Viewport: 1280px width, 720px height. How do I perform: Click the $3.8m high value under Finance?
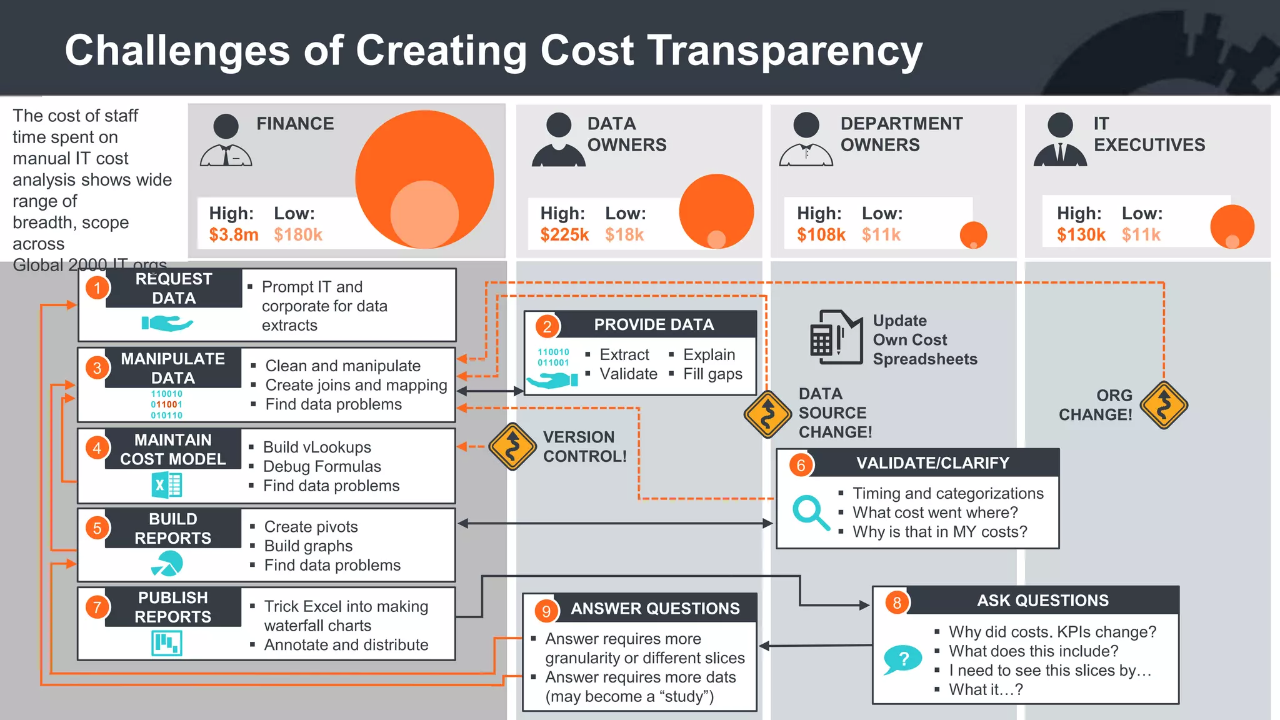[233, 235]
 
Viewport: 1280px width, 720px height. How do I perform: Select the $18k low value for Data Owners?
[624, 235]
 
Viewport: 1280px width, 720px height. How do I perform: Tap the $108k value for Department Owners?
[821, 235]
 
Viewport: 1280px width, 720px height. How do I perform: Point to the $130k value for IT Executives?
[1081, 235]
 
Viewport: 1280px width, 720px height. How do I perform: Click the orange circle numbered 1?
[97, 288]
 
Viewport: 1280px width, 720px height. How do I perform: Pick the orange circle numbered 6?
[801, 465]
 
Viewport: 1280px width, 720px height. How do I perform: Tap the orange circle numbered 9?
[546, 611]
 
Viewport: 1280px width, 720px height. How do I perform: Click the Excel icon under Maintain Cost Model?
[166, 485]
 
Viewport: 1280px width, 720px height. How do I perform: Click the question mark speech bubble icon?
[902, 660]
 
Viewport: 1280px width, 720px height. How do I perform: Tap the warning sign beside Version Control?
[512, 447]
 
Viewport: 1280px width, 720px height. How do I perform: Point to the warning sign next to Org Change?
[1164, 405]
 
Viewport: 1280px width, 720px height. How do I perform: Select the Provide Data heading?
[653, 324]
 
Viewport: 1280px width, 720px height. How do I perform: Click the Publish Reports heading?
[172, 607]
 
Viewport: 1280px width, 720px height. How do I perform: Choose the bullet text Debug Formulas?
[321, 467]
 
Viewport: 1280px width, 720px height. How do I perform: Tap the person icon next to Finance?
[226, 141]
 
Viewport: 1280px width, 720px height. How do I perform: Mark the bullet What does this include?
[1033, 651]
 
